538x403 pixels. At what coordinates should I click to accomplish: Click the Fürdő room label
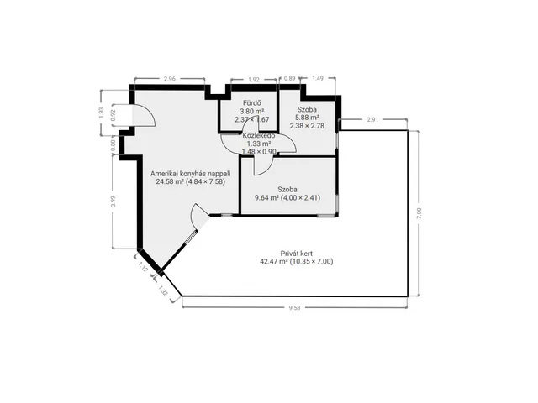[252, 103]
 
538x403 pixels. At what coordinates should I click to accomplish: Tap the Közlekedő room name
[259, 135]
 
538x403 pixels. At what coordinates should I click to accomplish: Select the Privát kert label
[297, 254]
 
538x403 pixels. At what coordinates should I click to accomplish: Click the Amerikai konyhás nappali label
[191, 174]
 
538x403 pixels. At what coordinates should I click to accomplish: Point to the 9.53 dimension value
[294, 308]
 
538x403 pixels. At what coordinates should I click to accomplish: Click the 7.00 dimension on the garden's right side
[419, 213]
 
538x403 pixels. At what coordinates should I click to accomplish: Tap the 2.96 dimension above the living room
[170, 79]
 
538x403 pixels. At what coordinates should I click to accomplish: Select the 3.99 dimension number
[113, 201]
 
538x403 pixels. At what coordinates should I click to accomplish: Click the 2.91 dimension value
[372, 119]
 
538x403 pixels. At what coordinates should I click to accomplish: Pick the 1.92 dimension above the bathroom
[254, 80]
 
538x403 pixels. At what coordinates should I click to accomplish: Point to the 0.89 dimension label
[289, 78]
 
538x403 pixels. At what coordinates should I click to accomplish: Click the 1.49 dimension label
[318, 78]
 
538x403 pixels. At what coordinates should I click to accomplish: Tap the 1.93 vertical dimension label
[101, 113]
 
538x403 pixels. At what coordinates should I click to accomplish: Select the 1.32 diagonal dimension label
[163, 290]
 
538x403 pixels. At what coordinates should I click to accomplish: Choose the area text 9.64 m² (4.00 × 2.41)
[287, 198]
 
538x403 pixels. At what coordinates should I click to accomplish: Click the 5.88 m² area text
[307, 118]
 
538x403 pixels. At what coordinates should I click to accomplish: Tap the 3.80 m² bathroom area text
[252, 112]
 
